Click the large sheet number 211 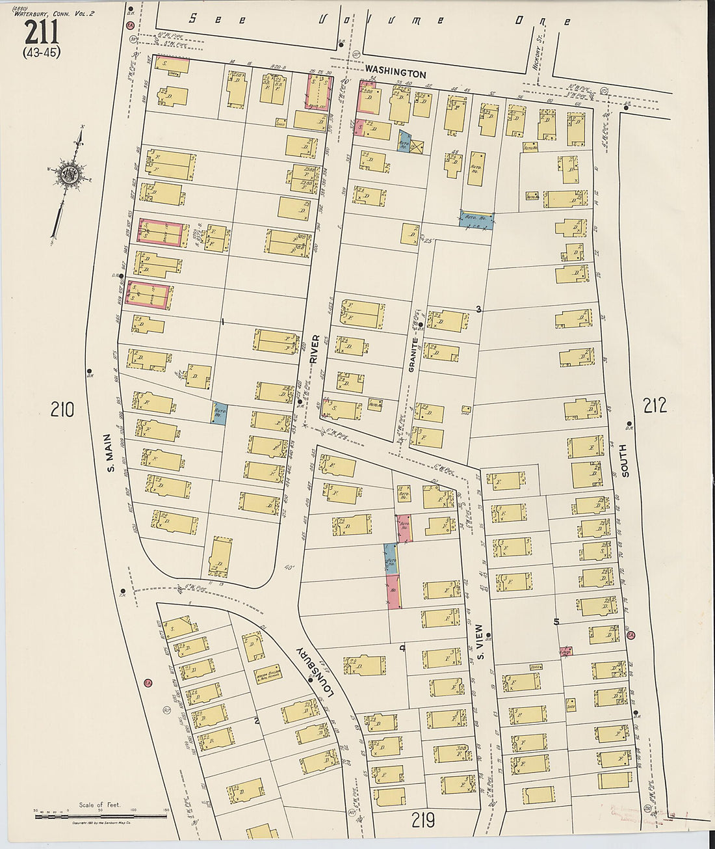coord(42,31)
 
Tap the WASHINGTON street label coord(395,74)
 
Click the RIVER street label coord(315,349)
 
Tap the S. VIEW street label coord(480,641)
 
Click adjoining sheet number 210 coord(62,409)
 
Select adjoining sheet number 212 coord(654,405)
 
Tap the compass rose coord(68,174)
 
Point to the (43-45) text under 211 coord(42,53)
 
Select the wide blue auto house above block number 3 coord(476,219)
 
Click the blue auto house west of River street coord(218,412)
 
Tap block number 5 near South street coord(556,622)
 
